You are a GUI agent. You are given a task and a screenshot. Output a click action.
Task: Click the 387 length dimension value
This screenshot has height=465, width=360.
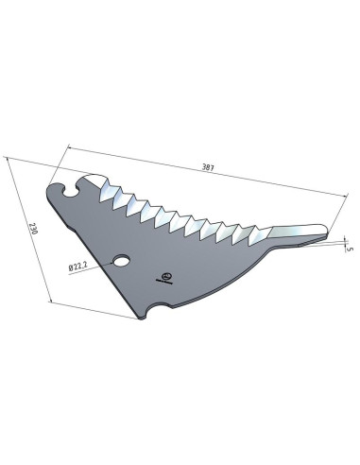(208, 167)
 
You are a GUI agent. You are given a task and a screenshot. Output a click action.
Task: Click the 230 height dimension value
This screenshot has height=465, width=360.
(33, 229)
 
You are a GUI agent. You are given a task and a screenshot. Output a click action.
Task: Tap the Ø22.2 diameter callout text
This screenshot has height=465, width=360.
(77, 267)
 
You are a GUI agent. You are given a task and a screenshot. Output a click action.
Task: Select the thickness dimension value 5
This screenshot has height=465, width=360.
(349, 249)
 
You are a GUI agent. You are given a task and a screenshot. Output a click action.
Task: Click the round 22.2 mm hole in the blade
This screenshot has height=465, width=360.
(122, 260)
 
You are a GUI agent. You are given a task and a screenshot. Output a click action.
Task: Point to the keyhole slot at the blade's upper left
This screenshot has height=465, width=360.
(70, 190)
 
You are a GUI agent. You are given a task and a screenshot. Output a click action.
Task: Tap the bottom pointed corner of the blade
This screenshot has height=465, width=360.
(141, 319)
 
